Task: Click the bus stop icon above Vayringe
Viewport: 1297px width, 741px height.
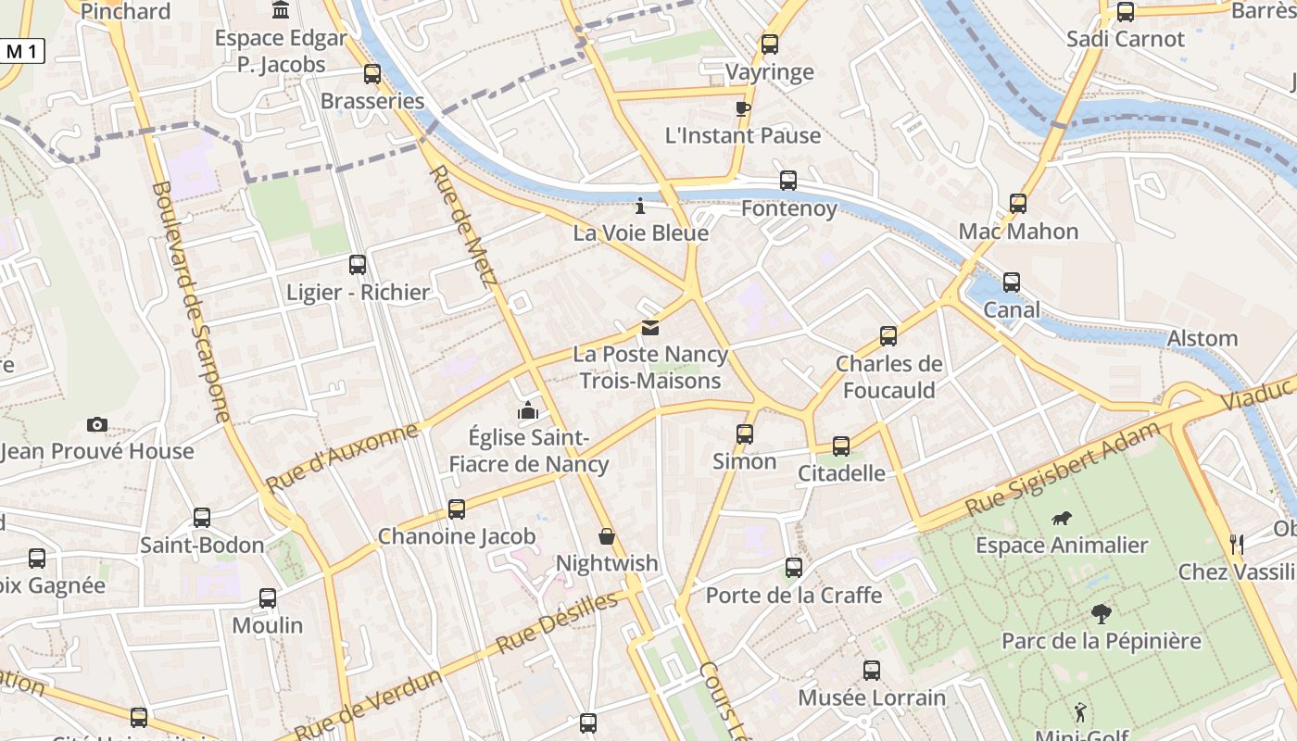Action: click(x=769, y=44)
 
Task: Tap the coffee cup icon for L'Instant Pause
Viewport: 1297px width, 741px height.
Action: click(x=742, y=108)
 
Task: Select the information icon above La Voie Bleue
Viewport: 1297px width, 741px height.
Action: click(x=639, y=205)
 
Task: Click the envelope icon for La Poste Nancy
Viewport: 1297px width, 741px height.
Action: click(x=650, y=327)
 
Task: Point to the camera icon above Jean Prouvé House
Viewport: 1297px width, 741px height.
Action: click(x=97, y=424)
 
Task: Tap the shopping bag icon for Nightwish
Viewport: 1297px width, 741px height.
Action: click(x=606, y=536)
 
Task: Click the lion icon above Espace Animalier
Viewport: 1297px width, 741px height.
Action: click(x=1062, y=519)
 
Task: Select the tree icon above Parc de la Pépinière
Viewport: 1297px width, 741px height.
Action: click(x=1101, y=613)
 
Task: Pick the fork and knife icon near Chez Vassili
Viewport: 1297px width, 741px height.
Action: click(x=1236, y=544)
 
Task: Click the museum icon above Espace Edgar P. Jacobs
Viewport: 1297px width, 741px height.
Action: click(x=280, y=10)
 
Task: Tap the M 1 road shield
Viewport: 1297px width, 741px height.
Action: click(x=21, y=52)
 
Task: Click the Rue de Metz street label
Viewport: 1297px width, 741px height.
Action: click(x=460, y=226)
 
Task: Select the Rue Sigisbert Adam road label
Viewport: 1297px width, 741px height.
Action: click(x=1062, y=471)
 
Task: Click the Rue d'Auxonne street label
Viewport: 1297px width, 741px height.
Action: click(x=342, y=458)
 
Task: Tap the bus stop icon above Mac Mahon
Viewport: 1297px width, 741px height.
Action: click(x=1018, y=203)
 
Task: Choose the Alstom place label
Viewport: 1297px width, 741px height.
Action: click(x=1203, y=339)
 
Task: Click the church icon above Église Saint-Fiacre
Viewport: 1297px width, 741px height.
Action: click(x=528, y=409)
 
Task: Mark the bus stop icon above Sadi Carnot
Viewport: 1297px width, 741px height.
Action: click(x=1126, y=12)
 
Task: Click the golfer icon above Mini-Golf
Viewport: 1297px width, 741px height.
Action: click(x=1079, y=712)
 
